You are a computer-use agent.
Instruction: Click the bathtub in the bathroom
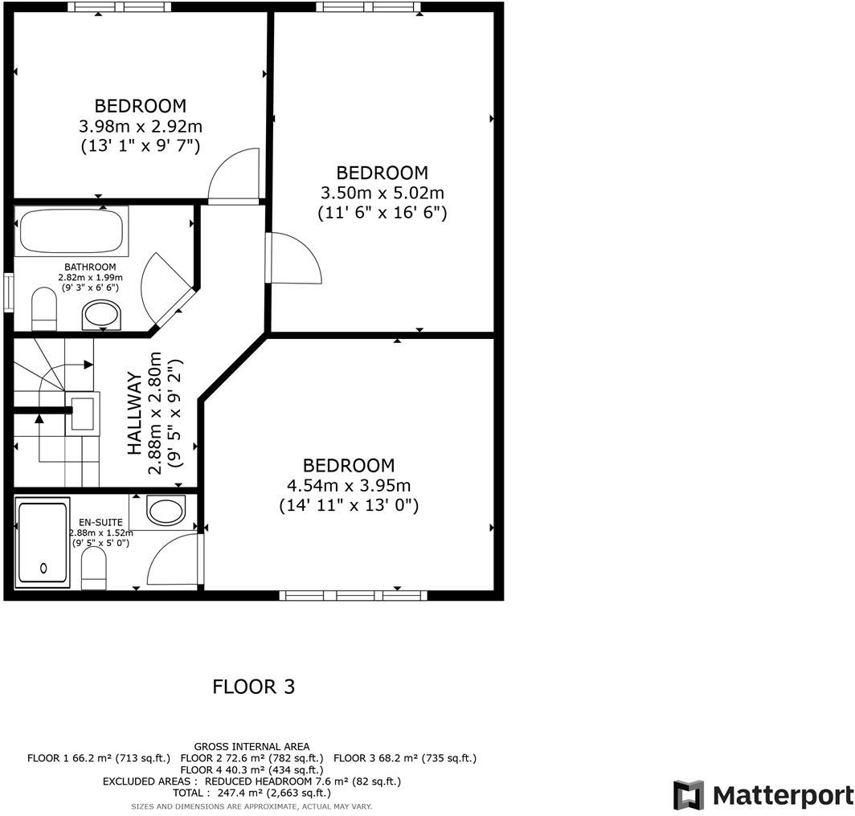[x=71, y=231]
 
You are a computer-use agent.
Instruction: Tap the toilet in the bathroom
[x=44, y=309]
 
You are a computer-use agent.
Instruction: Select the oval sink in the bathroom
[x=101, y=315]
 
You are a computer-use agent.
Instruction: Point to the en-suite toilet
[x=93, y=568]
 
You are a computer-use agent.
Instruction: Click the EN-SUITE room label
[x=101, y=522]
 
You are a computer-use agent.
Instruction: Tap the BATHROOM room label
[x=90, y=267]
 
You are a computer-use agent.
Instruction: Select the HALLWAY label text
[x=134, y=414]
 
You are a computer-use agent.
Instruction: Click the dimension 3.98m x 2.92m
[x=141, y=126]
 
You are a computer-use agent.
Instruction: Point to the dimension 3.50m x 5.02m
[x=382, y=193]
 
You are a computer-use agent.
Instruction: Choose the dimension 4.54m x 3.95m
[x=349, y=485]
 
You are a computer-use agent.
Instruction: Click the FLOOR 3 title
[x=254, y=687]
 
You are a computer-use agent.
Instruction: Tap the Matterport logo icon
[x=688, y=795]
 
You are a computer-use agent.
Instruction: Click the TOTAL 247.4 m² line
[x=252, y=793]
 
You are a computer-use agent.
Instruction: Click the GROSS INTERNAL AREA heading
[x=252, y=747]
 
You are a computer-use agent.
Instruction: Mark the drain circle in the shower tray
[x=43, y=568]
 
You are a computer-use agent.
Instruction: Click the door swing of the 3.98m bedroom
[x=233, y=174]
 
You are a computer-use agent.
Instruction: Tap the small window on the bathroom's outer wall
[x=8, y=293]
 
